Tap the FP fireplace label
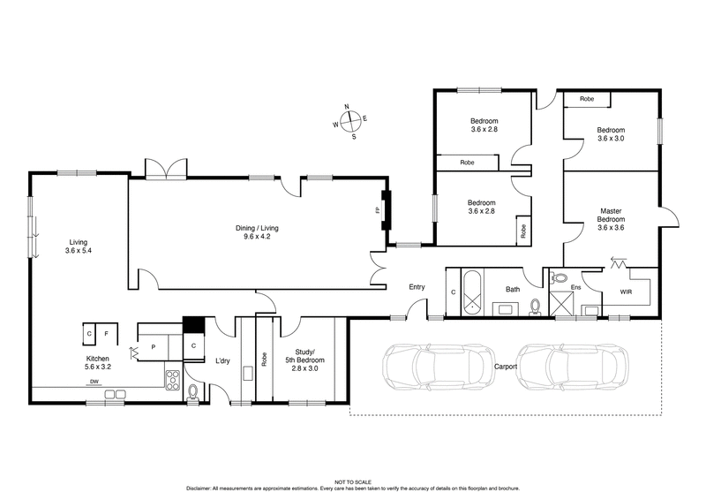(375, 211)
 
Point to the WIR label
(626, 290)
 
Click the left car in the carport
(427, 363)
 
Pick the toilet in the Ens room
(560, 278)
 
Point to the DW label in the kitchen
(93, 382)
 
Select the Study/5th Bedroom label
(304, 360)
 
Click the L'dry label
(223, 360)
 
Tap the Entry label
(417, 287)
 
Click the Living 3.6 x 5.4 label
(78, 246)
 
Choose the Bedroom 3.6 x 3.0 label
(611, 133)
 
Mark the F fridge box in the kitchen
(106, 333)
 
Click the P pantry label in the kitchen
(154, 347)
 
